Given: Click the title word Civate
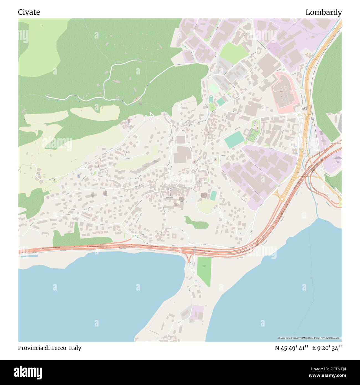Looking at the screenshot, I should click(29, 12).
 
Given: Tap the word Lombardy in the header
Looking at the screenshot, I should click(323, 12).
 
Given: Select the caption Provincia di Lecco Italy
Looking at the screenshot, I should click(50, 348).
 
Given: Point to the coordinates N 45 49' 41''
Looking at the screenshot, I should click(292, 348).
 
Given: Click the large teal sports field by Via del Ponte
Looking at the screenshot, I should click(234, 140).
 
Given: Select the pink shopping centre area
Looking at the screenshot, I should click(285, 93).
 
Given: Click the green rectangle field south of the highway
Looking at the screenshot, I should click(204, 271).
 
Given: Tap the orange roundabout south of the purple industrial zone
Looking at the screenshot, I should click(281, 198).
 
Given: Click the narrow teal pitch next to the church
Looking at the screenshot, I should click(213, 196).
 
